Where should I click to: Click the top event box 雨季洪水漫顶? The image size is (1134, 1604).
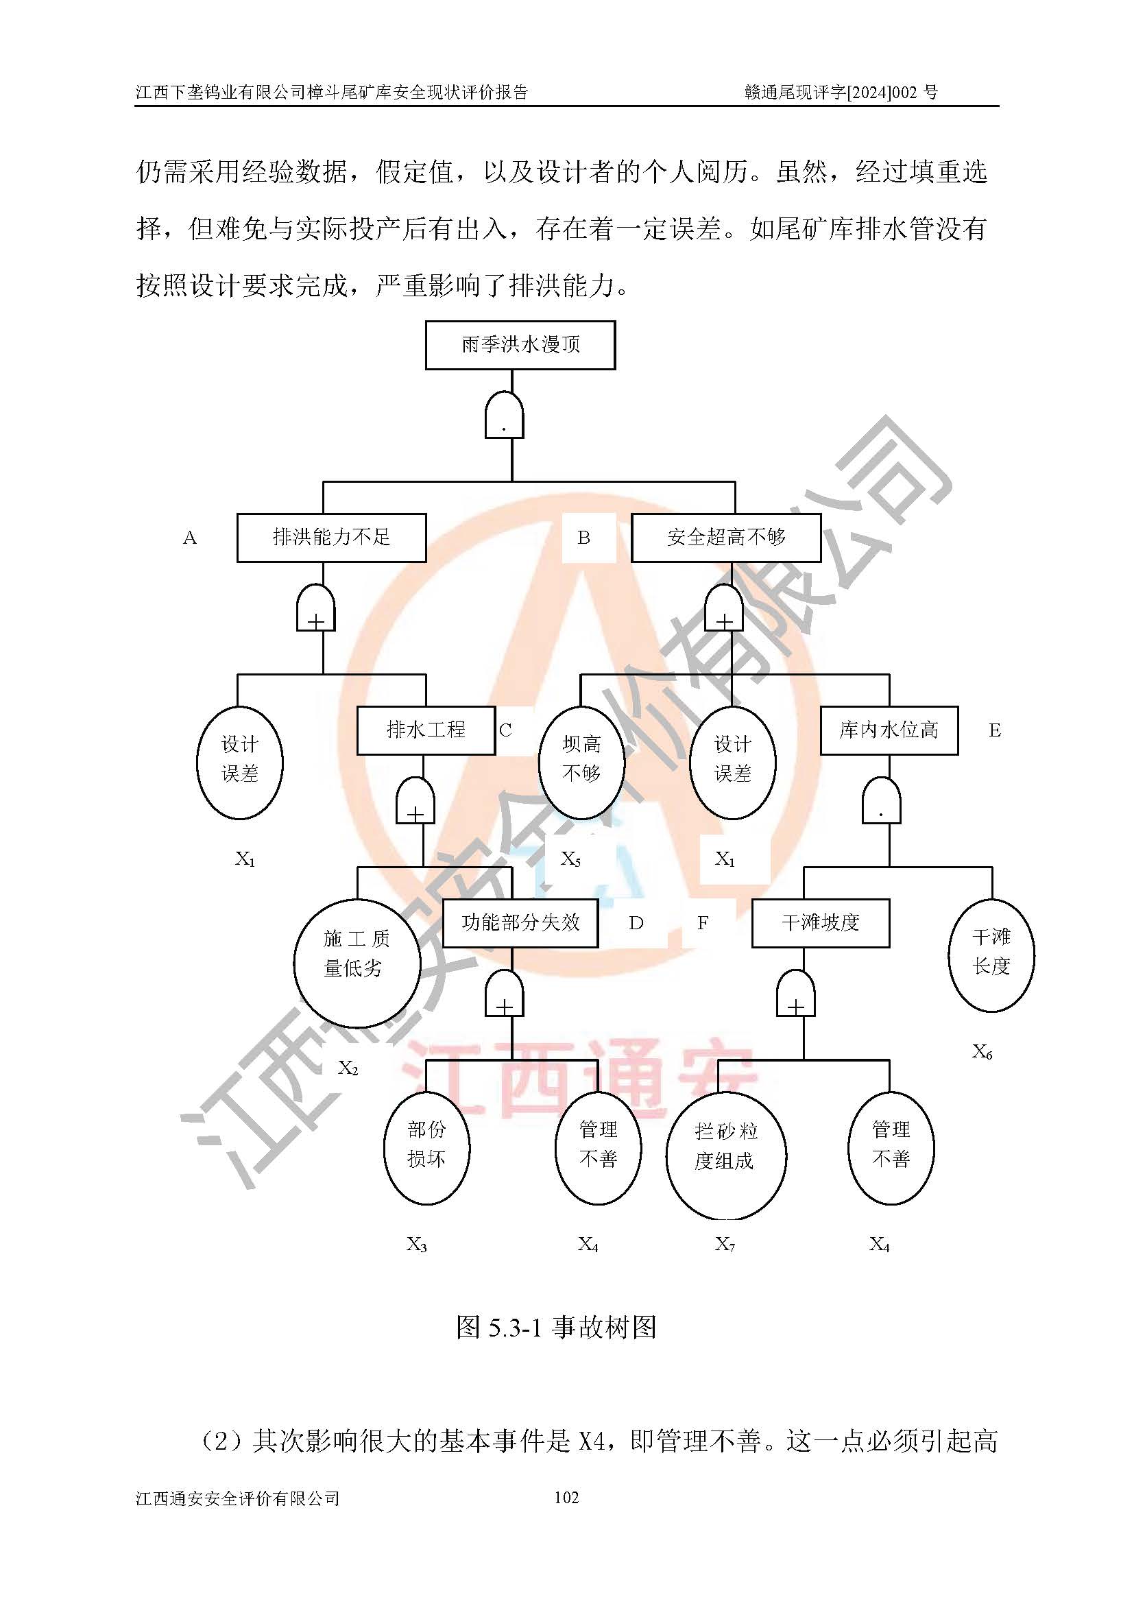click(x=520, y=344)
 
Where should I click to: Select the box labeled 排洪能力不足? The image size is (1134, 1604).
click(x=331, y=537)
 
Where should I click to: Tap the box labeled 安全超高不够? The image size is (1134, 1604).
click(x=725, y=537)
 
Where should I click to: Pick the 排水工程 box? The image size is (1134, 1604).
click(x=426, y=730)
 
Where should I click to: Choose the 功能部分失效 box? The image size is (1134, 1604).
click(x=520, y=923)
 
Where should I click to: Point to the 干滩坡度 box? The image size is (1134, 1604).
click(x=821, y=923)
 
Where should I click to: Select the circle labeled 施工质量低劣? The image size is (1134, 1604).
click(x=357, y=954)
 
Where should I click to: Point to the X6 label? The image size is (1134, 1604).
click(x=982, y=1052)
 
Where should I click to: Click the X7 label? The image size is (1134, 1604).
click(x=725, y=1244)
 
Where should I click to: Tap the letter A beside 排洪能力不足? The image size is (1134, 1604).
click(x=190, y=538)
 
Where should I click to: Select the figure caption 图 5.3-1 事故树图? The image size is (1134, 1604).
click(x=556, y=1328)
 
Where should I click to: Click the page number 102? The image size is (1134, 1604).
click(x=566, y=1497)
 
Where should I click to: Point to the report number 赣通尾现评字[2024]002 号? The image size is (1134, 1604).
click(x=841, y=92)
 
